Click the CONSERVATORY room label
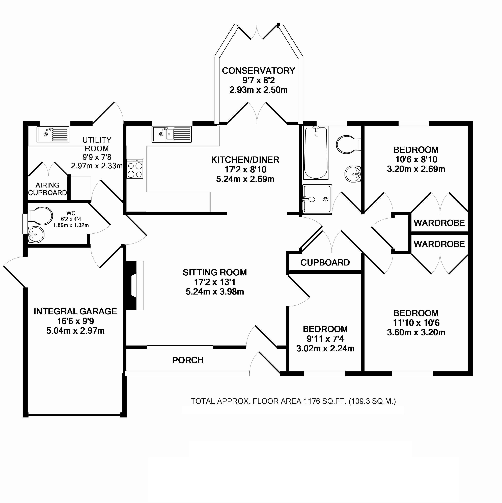(x=258, y=71)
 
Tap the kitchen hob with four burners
(x=135, y=169)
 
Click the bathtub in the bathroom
(x=316, y=153)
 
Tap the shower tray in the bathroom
(x=317, y=199)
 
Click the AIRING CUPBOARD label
(x=47, y=189)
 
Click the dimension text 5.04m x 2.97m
(x=75, y=331)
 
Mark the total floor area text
(x=293, y=401)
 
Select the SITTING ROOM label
(x=214, y=272)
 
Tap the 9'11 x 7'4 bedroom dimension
(x=325, y=339)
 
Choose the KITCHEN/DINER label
(x=245, y=160)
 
